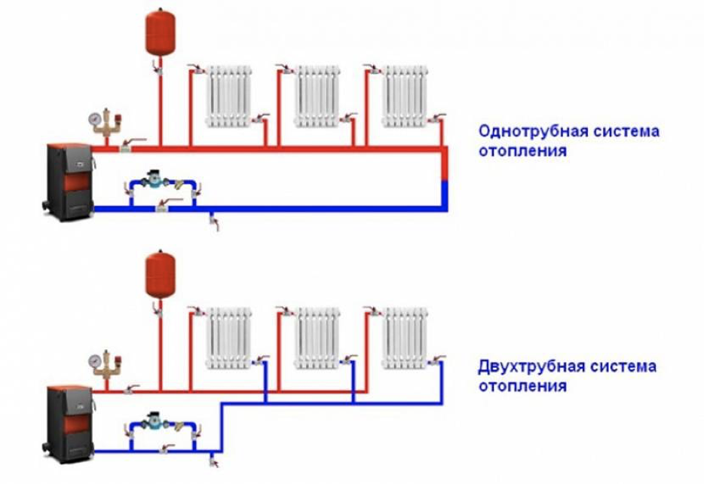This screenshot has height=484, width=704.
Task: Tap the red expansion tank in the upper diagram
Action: pyautogui.click(x=160, y=32)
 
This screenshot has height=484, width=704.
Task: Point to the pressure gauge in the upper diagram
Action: pyautogui.click(x=95, y=118)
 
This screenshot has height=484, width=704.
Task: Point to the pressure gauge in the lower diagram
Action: pyautogui.click(x=95, y=360)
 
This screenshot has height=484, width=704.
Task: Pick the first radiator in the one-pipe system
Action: pyautogui.click(x=229, y=95)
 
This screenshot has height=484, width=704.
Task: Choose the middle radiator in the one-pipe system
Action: pyautogui.click(x=317, y=95)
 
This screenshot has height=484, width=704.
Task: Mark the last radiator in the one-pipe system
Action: pyautogui.click(x=404, y=95)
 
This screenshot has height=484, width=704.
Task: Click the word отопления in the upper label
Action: pyautogui.click(x=522, y=151)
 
